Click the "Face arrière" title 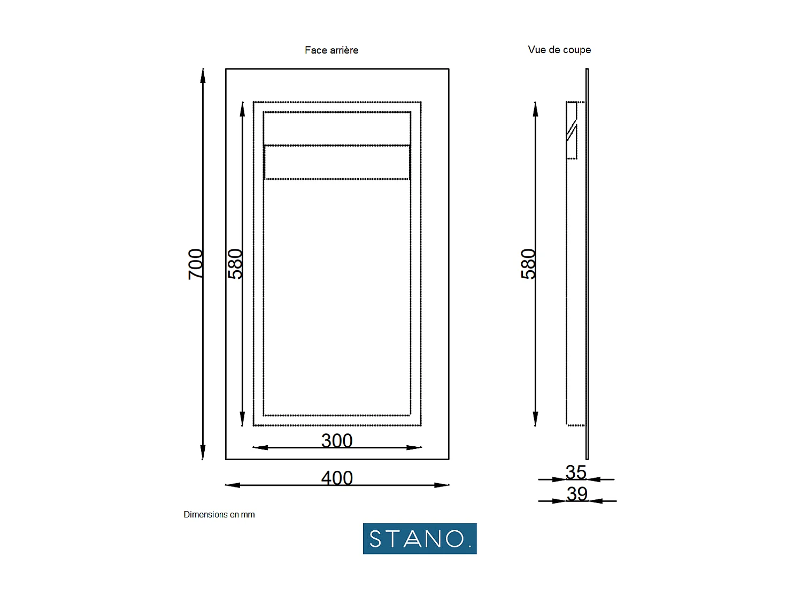(x=331, y=50)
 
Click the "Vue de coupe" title (x=559, y=50)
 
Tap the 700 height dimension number (x=196, y=264)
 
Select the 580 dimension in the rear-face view (x=235, y=264)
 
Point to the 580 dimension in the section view (x=528, y=264)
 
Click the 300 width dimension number (x=337, y=440)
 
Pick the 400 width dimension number (x=337, y=478)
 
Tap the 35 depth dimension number (x=576, y=472)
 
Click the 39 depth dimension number (x=577, y=493)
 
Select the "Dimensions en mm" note (x=219, y=515)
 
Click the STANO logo (x=420, y=538)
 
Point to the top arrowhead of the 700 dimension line (x=203, y=75)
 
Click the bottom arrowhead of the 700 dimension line (x=203, y=453)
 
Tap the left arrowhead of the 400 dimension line (x=233, y=485)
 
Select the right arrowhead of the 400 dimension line (x=442, y=485)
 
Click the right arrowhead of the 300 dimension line (x=414, y=447)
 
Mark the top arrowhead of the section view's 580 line (x=535, y=109)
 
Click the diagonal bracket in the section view (x=572, y=129)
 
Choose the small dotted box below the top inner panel (x=337, y=162)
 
